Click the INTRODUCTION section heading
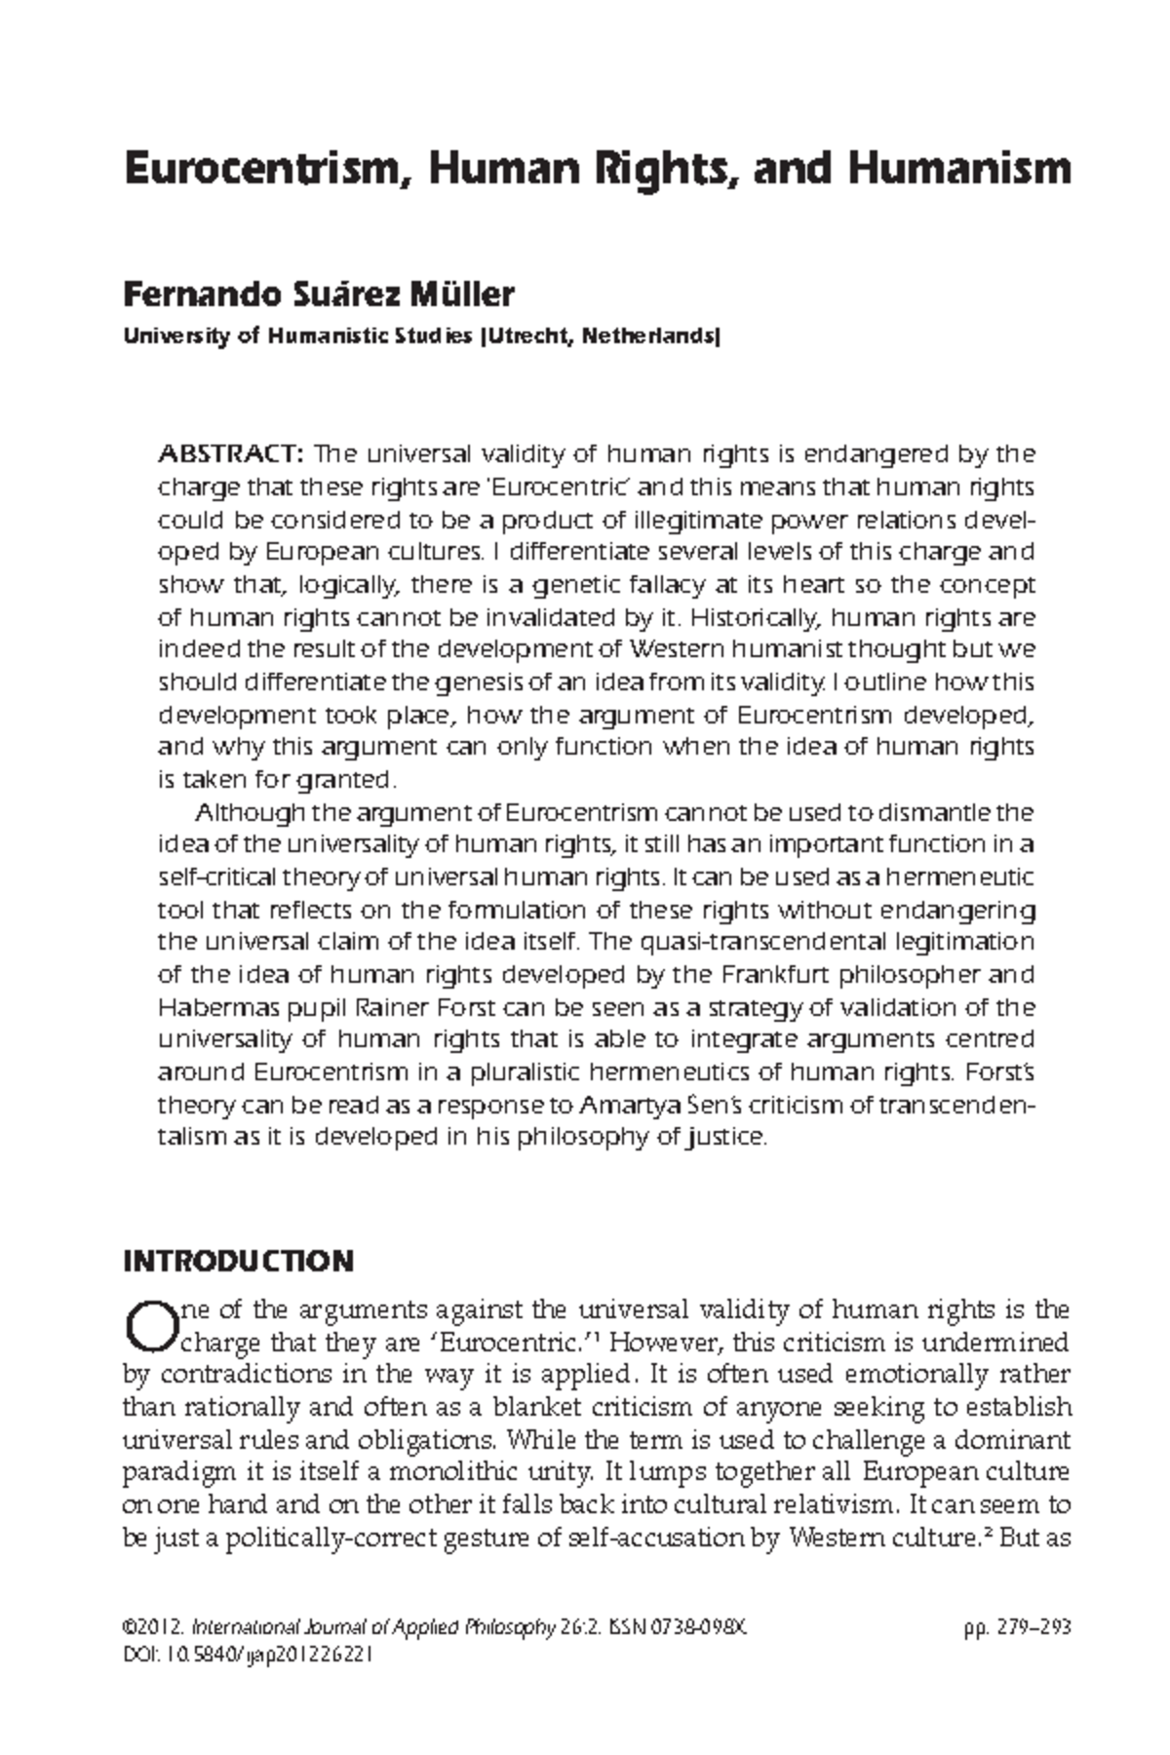click(x=238, y=1261)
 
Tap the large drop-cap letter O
click(x=148, y=1324)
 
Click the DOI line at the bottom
click(x=248, y=1656)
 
